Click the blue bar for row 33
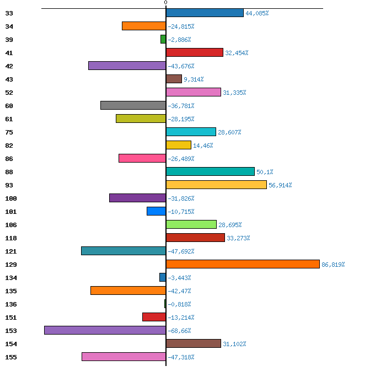click(x=205, y=13)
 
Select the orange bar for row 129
click(x=243, y=264)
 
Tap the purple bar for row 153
click(x=105, y=330)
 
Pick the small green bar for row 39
click(x=163, y=39)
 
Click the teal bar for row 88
click(x=210, y=171)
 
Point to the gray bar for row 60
click(x=133, y=105)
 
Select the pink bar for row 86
click(x=142, y=158)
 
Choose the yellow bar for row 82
click(x=179, y=145)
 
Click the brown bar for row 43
click(x=174, y=79)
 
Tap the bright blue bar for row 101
click(x=156, y=211)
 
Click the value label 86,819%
click(x=333, y=265)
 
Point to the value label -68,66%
click(x=179, y=331)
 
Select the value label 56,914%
click(x=280, y=185)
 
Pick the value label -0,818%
click(x=179, y=304)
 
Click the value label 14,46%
click(x=203, y=146)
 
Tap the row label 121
click(x=11, y=251)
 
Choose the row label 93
click(x=9, y=185)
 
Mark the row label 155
click(x=11, y=357)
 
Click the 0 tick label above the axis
click(x=165, y=2)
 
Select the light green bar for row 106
click(x=191, y=224)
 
